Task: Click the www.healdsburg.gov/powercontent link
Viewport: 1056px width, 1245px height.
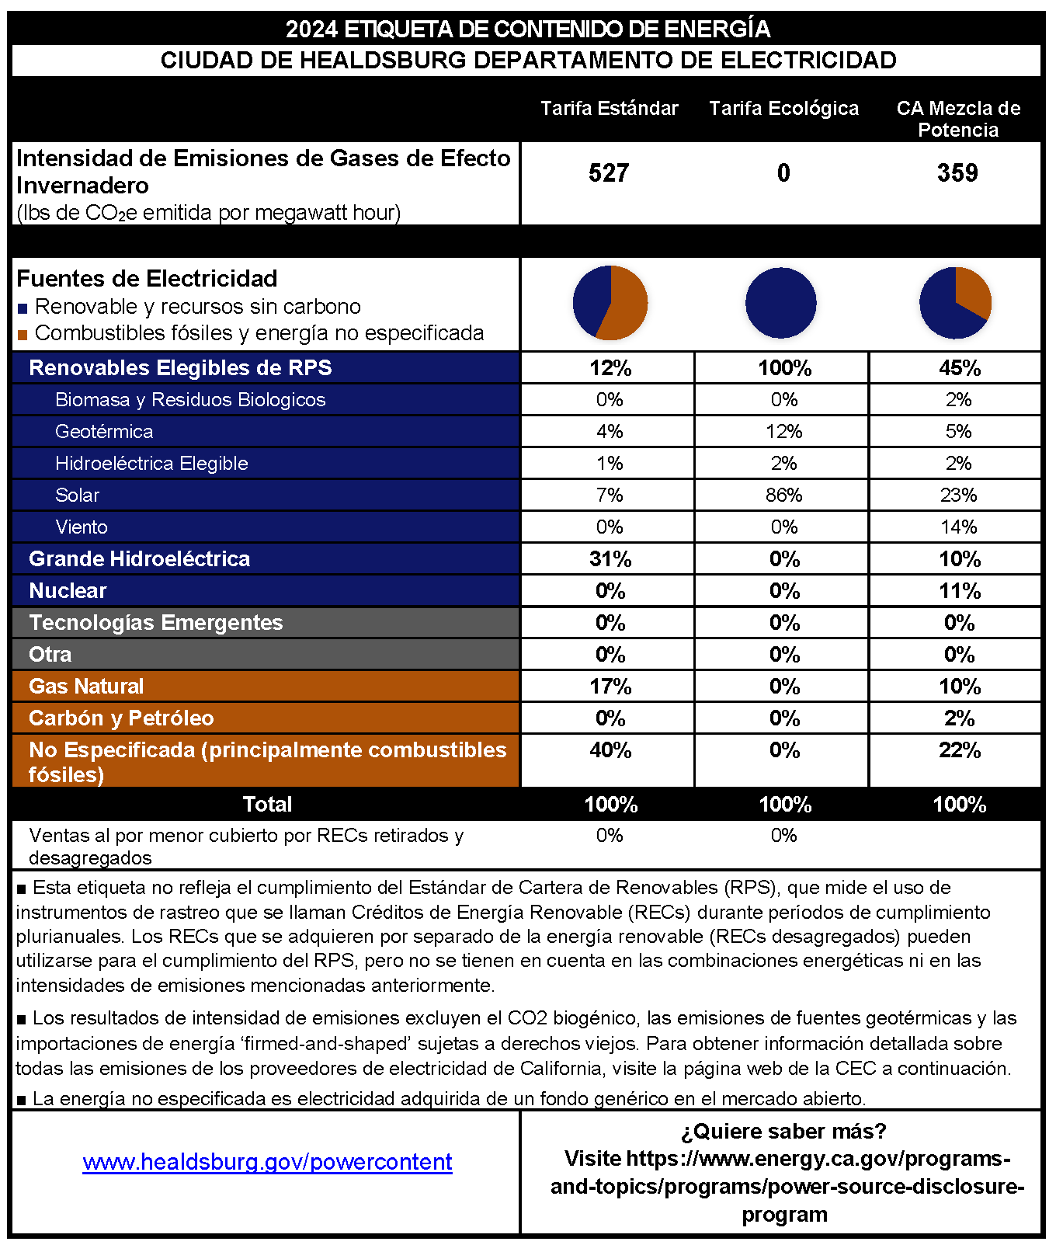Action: tap(267, 1162)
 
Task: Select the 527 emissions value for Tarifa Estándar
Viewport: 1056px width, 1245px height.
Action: tap(609, 172)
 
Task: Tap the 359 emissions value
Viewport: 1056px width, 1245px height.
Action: tap(957, 172)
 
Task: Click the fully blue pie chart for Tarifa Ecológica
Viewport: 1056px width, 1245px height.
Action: tap(781, 303)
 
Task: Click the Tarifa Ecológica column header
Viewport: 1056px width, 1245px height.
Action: tap(783, 109)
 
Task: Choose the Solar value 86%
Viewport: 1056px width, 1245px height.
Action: tap(783, 496)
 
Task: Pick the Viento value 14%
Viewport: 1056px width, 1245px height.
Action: tap(958, 527)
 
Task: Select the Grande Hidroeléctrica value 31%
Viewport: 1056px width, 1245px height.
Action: tap(610, 559)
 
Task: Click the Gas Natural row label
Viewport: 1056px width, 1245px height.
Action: tap(86, 687)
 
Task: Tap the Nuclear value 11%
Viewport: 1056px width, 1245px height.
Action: tap(960, 591)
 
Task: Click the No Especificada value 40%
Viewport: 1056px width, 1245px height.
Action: tap(610, 750)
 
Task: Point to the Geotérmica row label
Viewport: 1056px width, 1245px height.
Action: tap(104, 432)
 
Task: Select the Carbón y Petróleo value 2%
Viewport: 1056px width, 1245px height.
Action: tap(960, 718)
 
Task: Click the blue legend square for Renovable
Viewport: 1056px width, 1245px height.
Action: tap(23, 309)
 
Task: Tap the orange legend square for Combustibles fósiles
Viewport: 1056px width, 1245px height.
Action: tap(23, 336)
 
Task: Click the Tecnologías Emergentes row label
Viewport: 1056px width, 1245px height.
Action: tap(155, 623)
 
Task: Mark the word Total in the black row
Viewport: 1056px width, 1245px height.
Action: tap(267, 804)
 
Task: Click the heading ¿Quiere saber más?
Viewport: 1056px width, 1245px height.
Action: tap(783, 1132)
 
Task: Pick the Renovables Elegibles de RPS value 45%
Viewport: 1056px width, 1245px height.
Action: tap(960, 368)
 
